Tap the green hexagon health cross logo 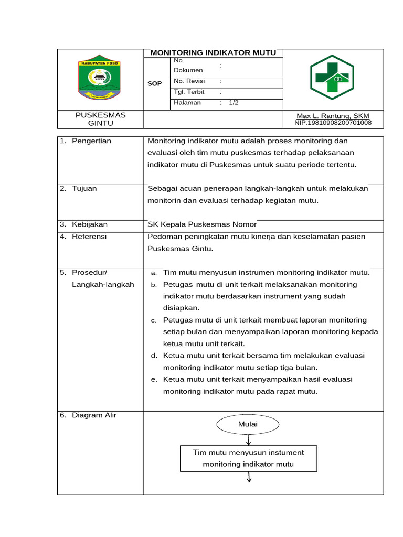click(x=332, y=78)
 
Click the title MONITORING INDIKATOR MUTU click(x=213, y=53)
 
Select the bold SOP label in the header click(x=154, y=83)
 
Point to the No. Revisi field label click(x=189, y=81)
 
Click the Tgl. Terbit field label click(x=189, y=92)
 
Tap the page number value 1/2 click(x=234, y=103)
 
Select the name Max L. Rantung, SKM click(x=333, y=116)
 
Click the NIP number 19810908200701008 click(x=333, y=123)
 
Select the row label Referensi click(x=89, y=237)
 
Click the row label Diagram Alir click(x=94, y=415)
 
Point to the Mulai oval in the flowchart click(x=248, y=424)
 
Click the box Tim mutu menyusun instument click(x=248, y=458)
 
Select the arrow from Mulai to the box click(x=248, y=441)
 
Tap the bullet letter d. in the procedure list click(x=154, y=356)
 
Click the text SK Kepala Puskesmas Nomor click(x=202, y=224)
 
